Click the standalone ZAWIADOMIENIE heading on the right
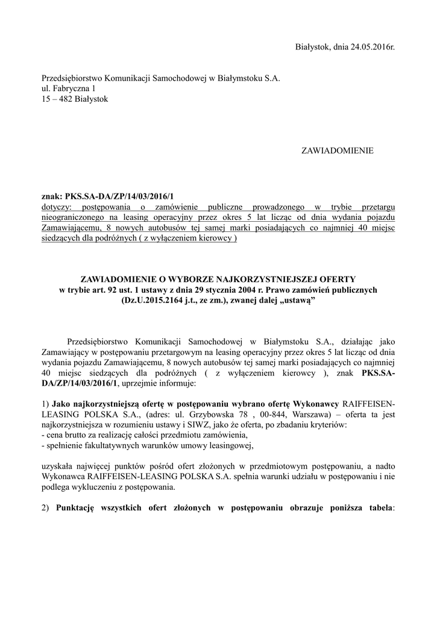[x=337, y=150]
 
